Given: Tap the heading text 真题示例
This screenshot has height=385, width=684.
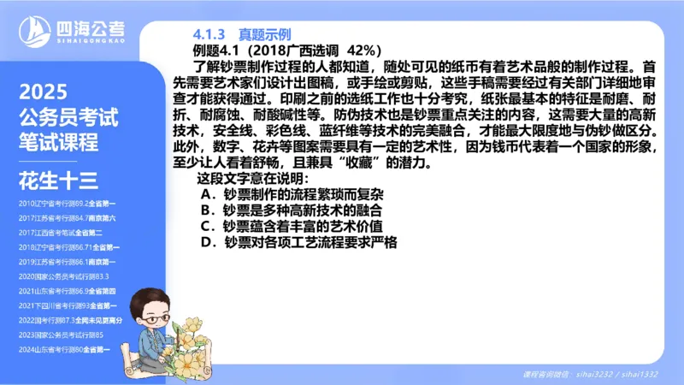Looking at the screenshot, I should point(261,34).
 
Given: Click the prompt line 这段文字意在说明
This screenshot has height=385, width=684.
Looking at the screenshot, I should point(252,178).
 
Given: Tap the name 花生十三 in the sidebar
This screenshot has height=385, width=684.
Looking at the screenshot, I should point(58,180).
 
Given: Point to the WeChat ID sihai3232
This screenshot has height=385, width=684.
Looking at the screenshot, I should point(596,375).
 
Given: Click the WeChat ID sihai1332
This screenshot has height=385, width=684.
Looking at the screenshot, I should point(639,375).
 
